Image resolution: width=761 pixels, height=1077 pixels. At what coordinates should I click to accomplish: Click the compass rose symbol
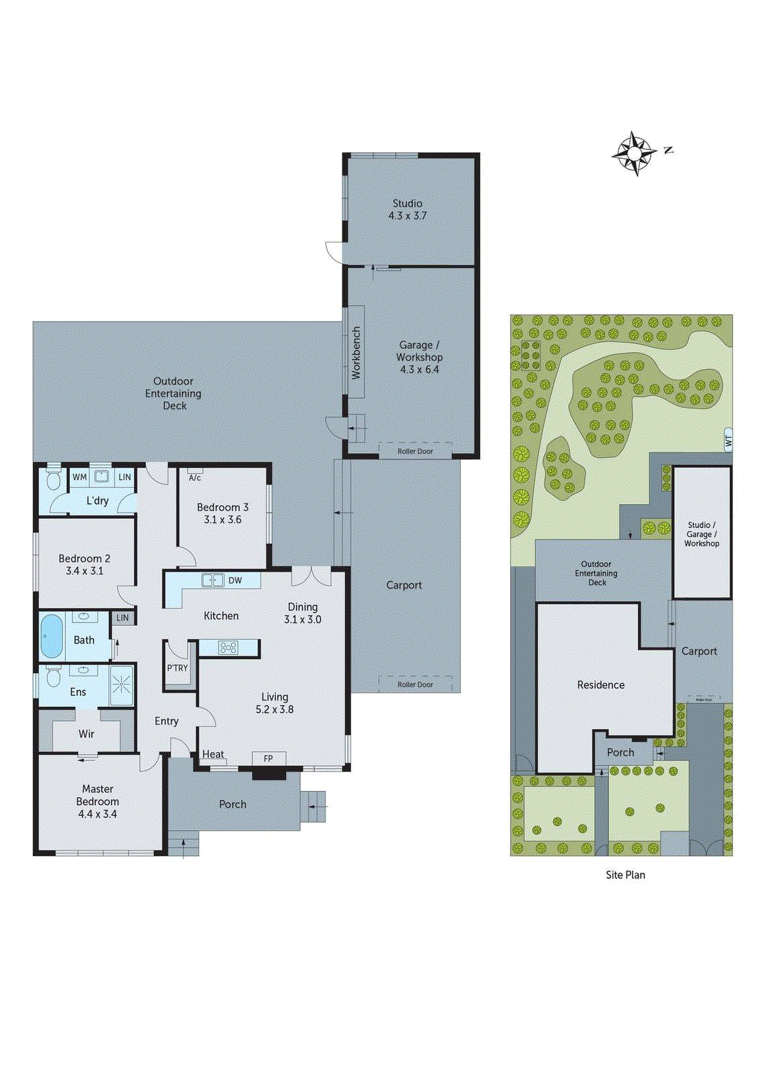[x=635, y=153]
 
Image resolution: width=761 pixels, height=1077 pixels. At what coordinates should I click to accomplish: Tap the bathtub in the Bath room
[x=51, y=636]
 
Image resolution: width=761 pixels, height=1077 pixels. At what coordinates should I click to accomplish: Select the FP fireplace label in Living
[x=268, y=759]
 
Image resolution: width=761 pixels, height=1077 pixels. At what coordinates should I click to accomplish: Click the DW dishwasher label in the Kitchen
[x=235, y=580]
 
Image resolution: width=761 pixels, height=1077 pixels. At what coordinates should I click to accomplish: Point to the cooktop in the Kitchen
[x=228, y=648]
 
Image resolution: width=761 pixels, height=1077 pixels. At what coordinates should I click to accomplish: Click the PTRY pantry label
[x=178, y=668]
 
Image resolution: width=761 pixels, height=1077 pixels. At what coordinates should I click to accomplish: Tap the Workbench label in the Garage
[x=357, y=352]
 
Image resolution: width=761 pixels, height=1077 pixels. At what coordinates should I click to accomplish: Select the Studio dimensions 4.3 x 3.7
[x=407, y=215]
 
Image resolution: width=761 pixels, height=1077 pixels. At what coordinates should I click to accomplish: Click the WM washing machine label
[x=79, y=477]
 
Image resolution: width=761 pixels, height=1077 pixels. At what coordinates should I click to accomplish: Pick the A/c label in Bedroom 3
[x=194, y=478]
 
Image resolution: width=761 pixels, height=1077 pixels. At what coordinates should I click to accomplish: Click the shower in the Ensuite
[x=121, y=685]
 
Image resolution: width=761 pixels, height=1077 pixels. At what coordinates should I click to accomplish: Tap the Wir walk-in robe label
[x=86, y=734]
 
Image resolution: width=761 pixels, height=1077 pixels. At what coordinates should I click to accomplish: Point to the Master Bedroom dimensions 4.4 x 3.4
[x=98, y=814]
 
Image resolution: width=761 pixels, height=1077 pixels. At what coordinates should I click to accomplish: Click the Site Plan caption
[x=625, y=874]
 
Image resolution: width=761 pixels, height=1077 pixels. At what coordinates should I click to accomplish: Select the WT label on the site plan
[x=728, y=442]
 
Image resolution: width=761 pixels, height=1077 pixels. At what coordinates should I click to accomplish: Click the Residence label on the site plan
[x=601, y=685]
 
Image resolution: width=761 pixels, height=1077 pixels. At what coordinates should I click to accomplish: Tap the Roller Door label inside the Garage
[x=415, y=451]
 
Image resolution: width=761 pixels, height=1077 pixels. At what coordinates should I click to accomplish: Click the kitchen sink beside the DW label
[x=213, y=580]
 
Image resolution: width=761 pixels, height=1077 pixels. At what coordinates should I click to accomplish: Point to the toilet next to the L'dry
[x=54, y=480]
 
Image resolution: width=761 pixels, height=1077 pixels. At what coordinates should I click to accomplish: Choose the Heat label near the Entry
[x=213, y=754]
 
